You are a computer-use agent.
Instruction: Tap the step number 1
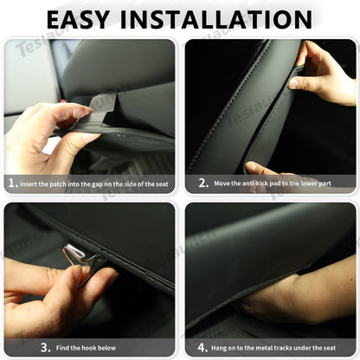12,183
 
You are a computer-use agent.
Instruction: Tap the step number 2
202,183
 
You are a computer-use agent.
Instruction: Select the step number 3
12,347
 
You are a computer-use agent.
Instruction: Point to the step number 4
202,347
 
